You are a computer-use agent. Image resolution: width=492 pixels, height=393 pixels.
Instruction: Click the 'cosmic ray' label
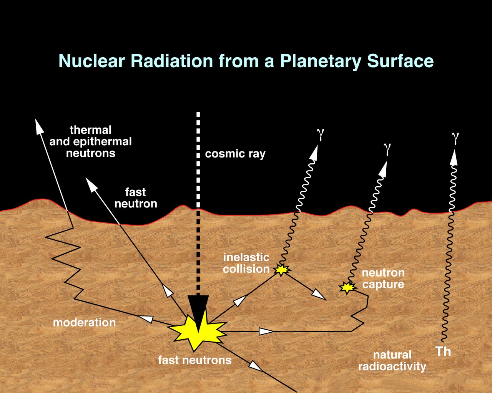(x=235, y=154)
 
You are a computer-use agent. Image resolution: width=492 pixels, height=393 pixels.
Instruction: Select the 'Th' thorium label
(x=443, y=352)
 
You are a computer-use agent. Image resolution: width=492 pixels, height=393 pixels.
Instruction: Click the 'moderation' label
(x=84, y=322)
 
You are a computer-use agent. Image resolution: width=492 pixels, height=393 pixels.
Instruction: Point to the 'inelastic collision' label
(x=246, y=263)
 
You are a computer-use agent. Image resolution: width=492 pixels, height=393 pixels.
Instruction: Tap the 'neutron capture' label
(x=383, y=279)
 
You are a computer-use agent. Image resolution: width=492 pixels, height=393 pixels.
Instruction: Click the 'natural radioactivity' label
(x=392, y=360)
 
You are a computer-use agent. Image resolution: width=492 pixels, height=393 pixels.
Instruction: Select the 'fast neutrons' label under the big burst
(x=195, y=360)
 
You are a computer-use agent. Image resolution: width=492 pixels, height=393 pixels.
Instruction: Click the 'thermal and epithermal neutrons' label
(x=91, y=141)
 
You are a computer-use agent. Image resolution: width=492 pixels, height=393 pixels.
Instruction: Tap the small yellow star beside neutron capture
(x=347, y=287)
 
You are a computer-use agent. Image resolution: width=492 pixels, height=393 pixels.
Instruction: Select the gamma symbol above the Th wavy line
(x=455, y=138)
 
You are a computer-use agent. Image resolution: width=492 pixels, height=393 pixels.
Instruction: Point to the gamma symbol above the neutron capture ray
(x=387, y=148)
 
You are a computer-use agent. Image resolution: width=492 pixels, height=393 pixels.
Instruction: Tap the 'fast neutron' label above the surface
(x=136, y=198)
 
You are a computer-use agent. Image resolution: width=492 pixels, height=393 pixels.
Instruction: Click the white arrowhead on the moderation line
(x=146, y=318)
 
